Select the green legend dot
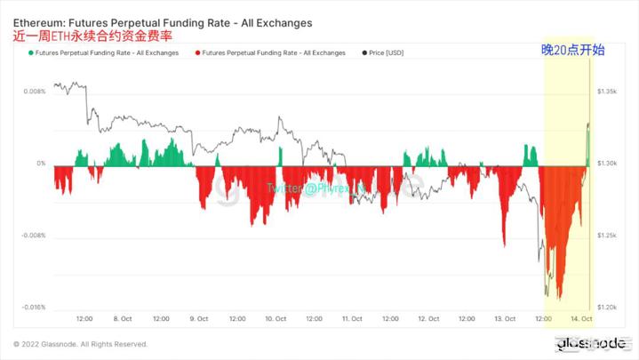(31, 53)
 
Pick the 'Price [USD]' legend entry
(383, 53)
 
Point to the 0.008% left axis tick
(33, 92)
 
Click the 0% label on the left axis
(41, 164)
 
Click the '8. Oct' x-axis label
(123, 318)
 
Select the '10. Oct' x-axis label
(275, 318)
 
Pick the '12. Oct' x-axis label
(428, 318)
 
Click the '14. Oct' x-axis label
(581, 318)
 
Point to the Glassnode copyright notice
(80, 344)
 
